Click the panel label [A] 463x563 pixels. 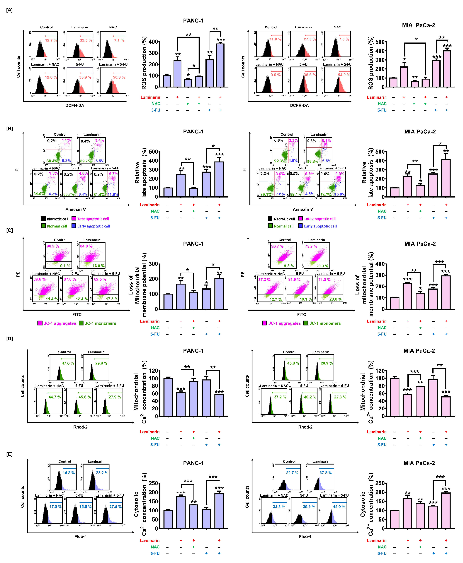pyautogui.click(x=9, y=10)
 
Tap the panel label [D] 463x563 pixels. pyautogui.click(x=9, y=339)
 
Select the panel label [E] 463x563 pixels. pyautogui.click(x=9, y=454)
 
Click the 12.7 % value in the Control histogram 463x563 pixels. pyautogui.click(x=51, y=40)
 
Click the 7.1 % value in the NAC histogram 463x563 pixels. pyautogui.click(x=119, y=40)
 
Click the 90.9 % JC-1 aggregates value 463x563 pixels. pyautogui.click(x=53, y=246)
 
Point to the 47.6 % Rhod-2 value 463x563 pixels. pyautogui.click(x=68, y=363)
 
